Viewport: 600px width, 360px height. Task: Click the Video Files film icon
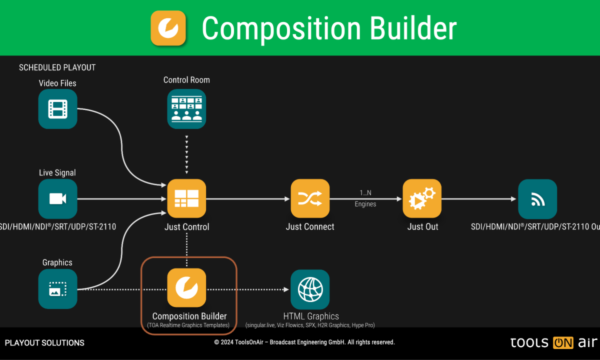[58, 109]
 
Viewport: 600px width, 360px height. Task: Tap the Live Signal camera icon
[58, 198]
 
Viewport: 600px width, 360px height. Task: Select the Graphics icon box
[58, 288]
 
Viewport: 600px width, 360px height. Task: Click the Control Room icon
[186, 109]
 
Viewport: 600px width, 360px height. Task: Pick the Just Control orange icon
[186, 198]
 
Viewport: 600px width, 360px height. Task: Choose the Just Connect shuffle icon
[310, 198]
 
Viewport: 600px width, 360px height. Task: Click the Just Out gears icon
[422, 198]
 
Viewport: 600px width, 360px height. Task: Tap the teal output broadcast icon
[537, 198]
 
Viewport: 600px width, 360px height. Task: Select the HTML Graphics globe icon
[310, 289]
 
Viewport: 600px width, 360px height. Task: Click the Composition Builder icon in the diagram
[186, 287]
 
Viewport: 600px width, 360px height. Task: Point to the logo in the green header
[168, 28]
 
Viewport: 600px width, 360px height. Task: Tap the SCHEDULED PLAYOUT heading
[57, 67]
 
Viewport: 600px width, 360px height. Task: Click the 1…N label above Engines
[365, 192]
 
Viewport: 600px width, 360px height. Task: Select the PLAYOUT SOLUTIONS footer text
[44, 343]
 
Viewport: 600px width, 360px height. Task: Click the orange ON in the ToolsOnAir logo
[563, 343]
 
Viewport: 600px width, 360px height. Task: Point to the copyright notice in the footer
[304, 342]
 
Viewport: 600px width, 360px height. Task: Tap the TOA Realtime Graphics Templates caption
[188, 325]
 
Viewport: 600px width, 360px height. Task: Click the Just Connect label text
[310, 227]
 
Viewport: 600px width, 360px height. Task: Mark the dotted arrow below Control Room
[186, 155]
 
